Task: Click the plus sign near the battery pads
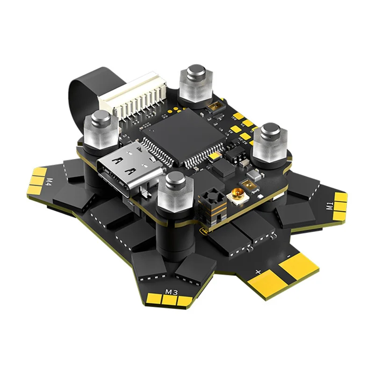point(258,271)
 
